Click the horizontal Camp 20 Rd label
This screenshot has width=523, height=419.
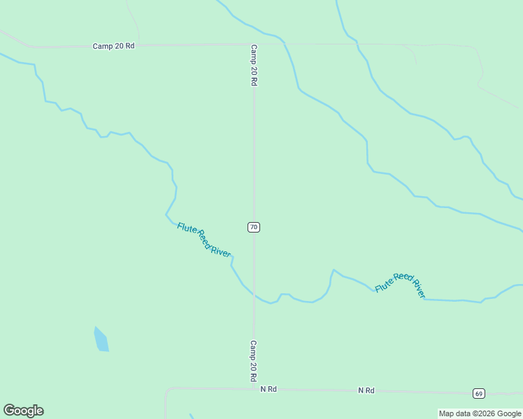click(113, 46)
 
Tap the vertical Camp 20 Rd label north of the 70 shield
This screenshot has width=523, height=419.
click(255, 66)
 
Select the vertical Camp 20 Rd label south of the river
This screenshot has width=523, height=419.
click(254, 361)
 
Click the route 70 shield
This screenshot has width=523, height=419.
click(254, 227)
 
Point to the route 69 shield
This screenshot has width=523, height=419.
click(478, 394)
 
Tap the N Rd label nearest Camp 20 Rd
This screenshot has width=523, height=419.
click(268, 389)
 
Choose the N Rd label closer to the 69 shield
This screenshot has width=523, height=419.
click(366, 390)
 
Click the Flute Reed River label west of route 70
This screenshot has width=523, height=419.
click(203, 240)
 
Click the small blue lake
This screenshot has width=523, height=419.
click(101, 339)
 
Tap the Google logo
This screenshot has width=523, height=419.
click(23, 411)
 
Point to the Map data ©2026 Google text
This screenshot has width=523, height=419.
click(480, 413)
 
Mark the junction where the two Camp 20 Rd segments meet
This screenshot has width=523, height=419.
click(254, 45)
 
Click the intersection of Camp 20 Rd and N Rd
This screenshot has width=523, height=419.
click(254, 388)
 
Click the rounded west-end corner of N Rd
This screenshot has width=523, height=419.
click(167, 391)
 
